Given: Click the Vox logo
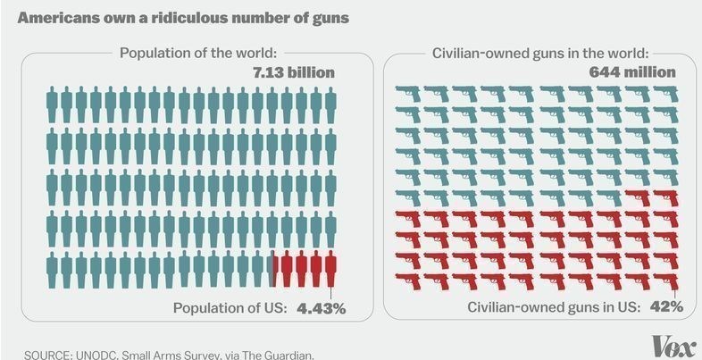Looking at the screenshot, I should [671, 345].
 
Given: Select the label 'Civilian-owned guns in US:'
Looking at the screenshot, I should [555, 307].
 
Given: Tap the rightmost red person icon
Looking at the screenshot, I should [331, 270].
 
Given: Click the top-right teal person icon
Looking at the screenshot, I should [331, 103].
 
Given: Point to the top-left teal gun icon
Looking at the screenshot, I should [409, 93].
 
